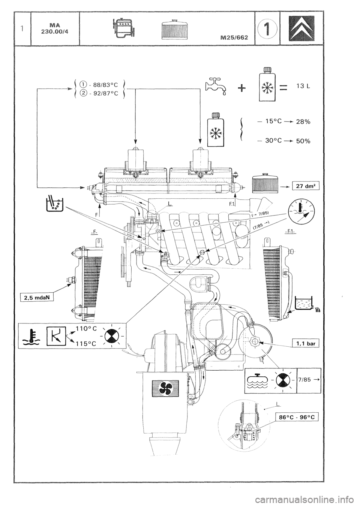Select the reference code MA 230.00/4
pyautogui.click(x=55, y=28)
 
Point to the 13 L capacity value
pyautogui.click(x=303, y=86)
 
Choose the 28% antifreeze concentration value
pyautogui.click(x=303, y=122)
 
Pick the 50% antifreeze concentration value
pyautogui.click(x=303, y=141)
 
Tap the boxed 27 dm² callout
pyautogui.click(x=306, y=187)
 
